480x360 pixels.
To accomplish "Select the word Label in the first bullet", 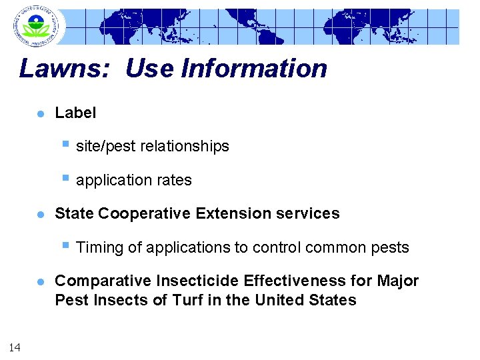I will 75,113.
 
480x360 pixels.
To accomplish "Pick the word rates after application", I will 174,181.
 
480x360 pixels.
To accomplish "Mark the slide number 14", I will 15,346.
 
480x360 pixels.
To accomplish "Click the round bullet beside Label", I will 40,114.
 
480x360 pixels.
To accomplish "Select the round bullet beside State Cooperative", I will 40,215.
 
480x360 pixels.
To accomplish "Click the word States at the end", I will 333,300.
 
